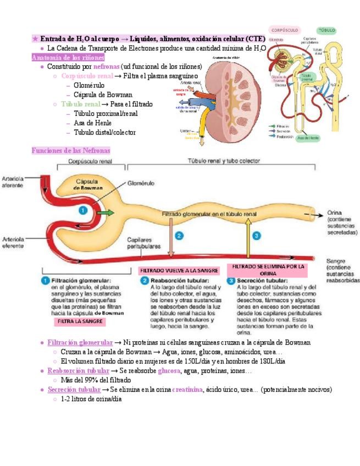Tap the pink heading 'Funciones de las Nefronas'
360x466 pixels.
coord(71,151)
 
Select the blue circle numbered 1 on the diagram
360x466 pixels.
coord(82,210)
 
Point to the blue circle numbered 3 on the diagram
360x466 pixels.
coord(256,236)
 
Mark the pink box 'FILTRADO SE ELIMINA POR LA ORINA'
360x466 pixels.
coord(268,270)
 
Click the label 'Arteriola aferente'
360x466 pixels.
coord(13,182)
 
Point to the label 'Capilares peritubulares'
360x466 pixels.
coord(144,243)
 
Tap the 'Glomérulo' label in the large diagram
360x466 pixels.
coord(141,184)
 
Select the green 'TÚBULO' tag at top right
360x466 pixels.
coord(326,30)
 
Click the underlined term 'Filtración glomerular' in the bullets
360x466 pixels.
coord(80,342)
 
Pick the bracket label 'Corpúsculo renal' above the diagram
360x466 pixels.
coord(90,162)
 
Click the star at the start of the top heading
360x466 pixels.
coord(35,39)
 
